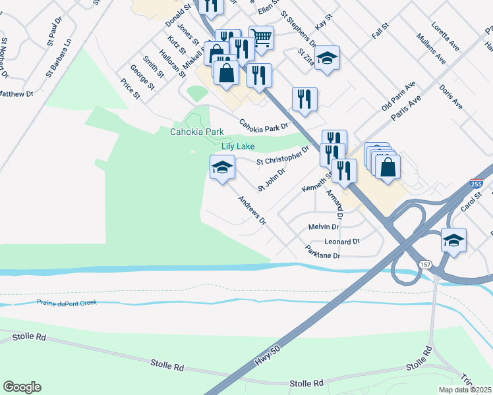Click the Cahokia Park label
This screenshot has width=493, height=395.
pyautogui.click(x=197, y=132)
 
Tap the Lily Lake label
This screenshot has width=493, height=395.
pyautogui.click(x=237, y=146)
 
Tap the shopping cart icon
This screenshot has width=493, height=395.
pyautogui.click(x=262, y=37)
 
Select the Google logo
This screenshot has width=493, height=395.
pyautogui.click(x=22, y=387)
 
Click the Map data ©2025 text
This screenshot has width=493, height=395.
pyautogui.click(x=465, y=390)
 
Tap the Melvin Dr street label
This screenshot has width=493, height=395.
pyautogui.click(x=323, y=226)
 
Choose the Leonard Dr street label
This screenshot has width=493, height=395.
pyautogui.click(x=342, y=242)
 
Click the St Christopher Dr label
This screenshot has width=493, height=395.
pyautogui.click(x=283, y=157)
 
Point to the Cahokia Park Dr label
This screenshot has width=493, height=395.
pyautogui.click(x=264, y=124)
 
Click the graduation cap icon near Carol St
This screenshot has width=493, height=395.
pyautogui.click(x=453, y=240)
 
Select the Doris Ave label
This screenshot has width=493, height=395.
pyautogui.click(x=451, y=96)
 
